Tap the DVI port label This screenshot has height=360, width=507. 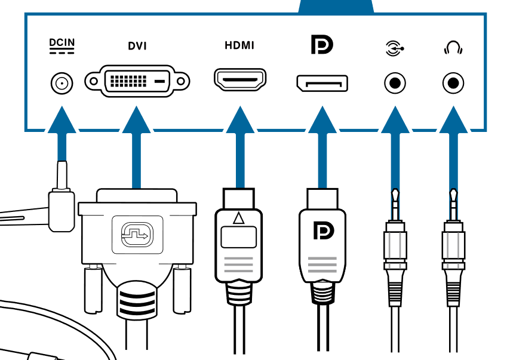(x=137, y=46)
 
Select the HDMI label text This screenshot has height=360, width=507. (x=239, y=45)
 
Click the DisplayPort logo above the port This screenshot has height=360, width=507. (x=322, y=45)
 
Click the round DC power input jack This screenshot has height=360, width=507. (x=60, y=82)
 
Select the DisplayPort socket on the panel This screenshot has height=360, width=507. (x=322, y=82)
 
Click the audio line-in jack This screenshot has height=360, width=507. (x=394, y=82)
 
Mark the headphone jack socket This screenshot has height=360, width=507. (x=453, y=82)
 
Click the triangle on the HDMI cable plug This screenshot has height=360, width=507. (x=239, y=218)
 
